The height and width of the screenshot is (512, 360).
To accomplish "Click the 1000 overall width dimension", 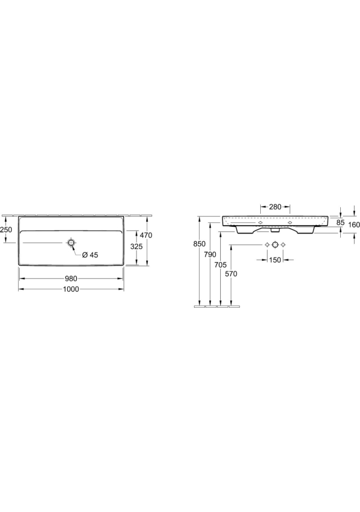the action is click(x=71, y=289).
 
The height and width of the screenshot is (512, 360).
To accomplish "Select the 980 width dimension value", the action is click(x=71, y=278).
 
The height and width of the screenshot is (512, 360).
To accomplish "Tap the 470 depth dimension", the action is click(x=146, y=235).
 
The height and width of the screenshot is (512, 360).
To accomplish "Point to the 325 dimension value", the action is click(x=136, y=246).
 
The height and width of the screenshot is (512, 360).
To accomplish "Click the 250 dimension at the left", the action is click(x=6, y=229).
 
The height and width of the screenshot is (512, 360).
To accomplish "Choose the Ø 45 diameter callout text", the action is click(x=90, y=255).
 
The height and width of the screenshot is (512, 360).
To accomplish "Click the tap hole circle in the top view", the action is click(x=71, y=242).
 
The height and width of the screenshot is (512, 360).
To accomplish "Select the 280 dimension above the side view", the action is click(x=275, y=207).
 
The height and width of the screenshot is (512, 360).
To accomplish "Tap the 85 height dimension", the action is click(x=340, y=223).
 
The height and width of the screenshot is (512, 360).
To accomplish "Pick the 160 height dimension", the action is click(x=354, y=225).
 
